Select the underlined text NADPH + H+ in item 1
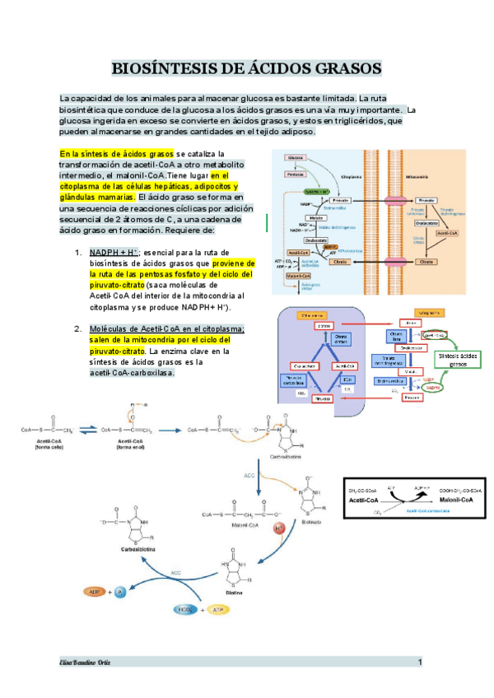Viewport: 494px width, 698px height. coord(114,252)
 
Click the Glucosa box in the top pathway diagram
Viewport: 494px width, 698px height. coord(296,157)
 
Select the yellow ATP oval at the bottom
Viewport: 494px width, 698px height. coord(217,610)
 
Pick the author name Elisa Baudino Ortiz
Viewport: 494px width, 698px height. coord(84,662)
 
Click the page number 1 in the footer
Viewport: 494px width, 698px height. coord(420,662)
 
